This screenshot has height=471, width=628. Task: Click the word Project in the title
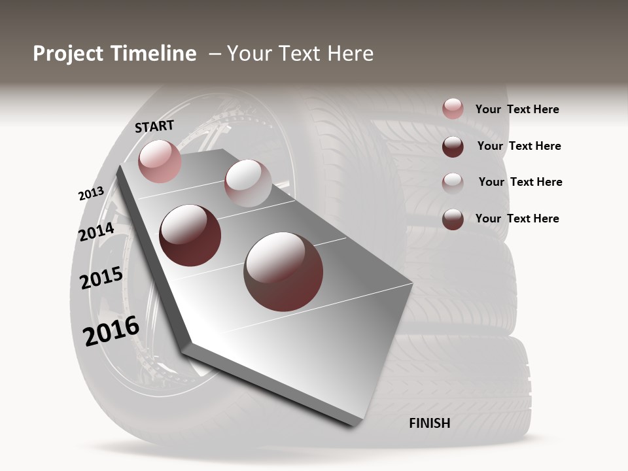click(x=68, y=54)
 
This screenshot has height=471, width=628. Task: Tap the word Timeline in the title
click(x=152, y=54)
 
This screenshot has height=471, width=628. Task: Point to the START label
click(x=154, y=126)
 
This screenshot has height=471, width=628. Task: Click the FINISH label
click(x=429, y=423)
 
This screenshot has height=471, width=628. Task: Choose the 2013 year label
click(x=91, y=194)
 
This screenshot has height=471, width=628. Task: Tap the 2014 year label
click(x=96, y=232)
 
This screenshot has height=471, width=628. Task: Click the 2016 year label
click(x=111, y=331)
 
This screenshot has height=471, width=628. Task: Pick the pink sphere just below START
click(x=160, y=161)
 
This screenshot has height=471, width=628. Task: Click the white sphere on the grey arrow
click(x=247, y=183)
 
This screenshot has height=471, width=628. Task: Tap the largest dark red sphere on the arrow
click(x=283, y=271)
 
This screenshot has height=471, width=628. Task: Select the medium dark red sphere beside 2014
click(x=190, y=235)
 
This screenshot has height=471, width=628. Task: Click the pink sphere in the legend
click(x=453, y=109)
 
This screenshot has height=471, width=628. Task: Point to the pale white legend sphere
click(x=453, y=183)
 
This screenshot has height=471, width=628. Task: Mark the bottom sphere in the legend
click(x=453, y=219)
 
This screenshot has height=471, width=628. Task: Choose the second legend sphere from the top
click(x=453, y=147)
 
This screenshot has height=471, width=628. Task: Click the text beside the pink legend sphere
click(x=517, y=109)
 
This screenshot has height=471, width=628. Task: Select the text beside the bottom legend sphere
click(x=517, y=218)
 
